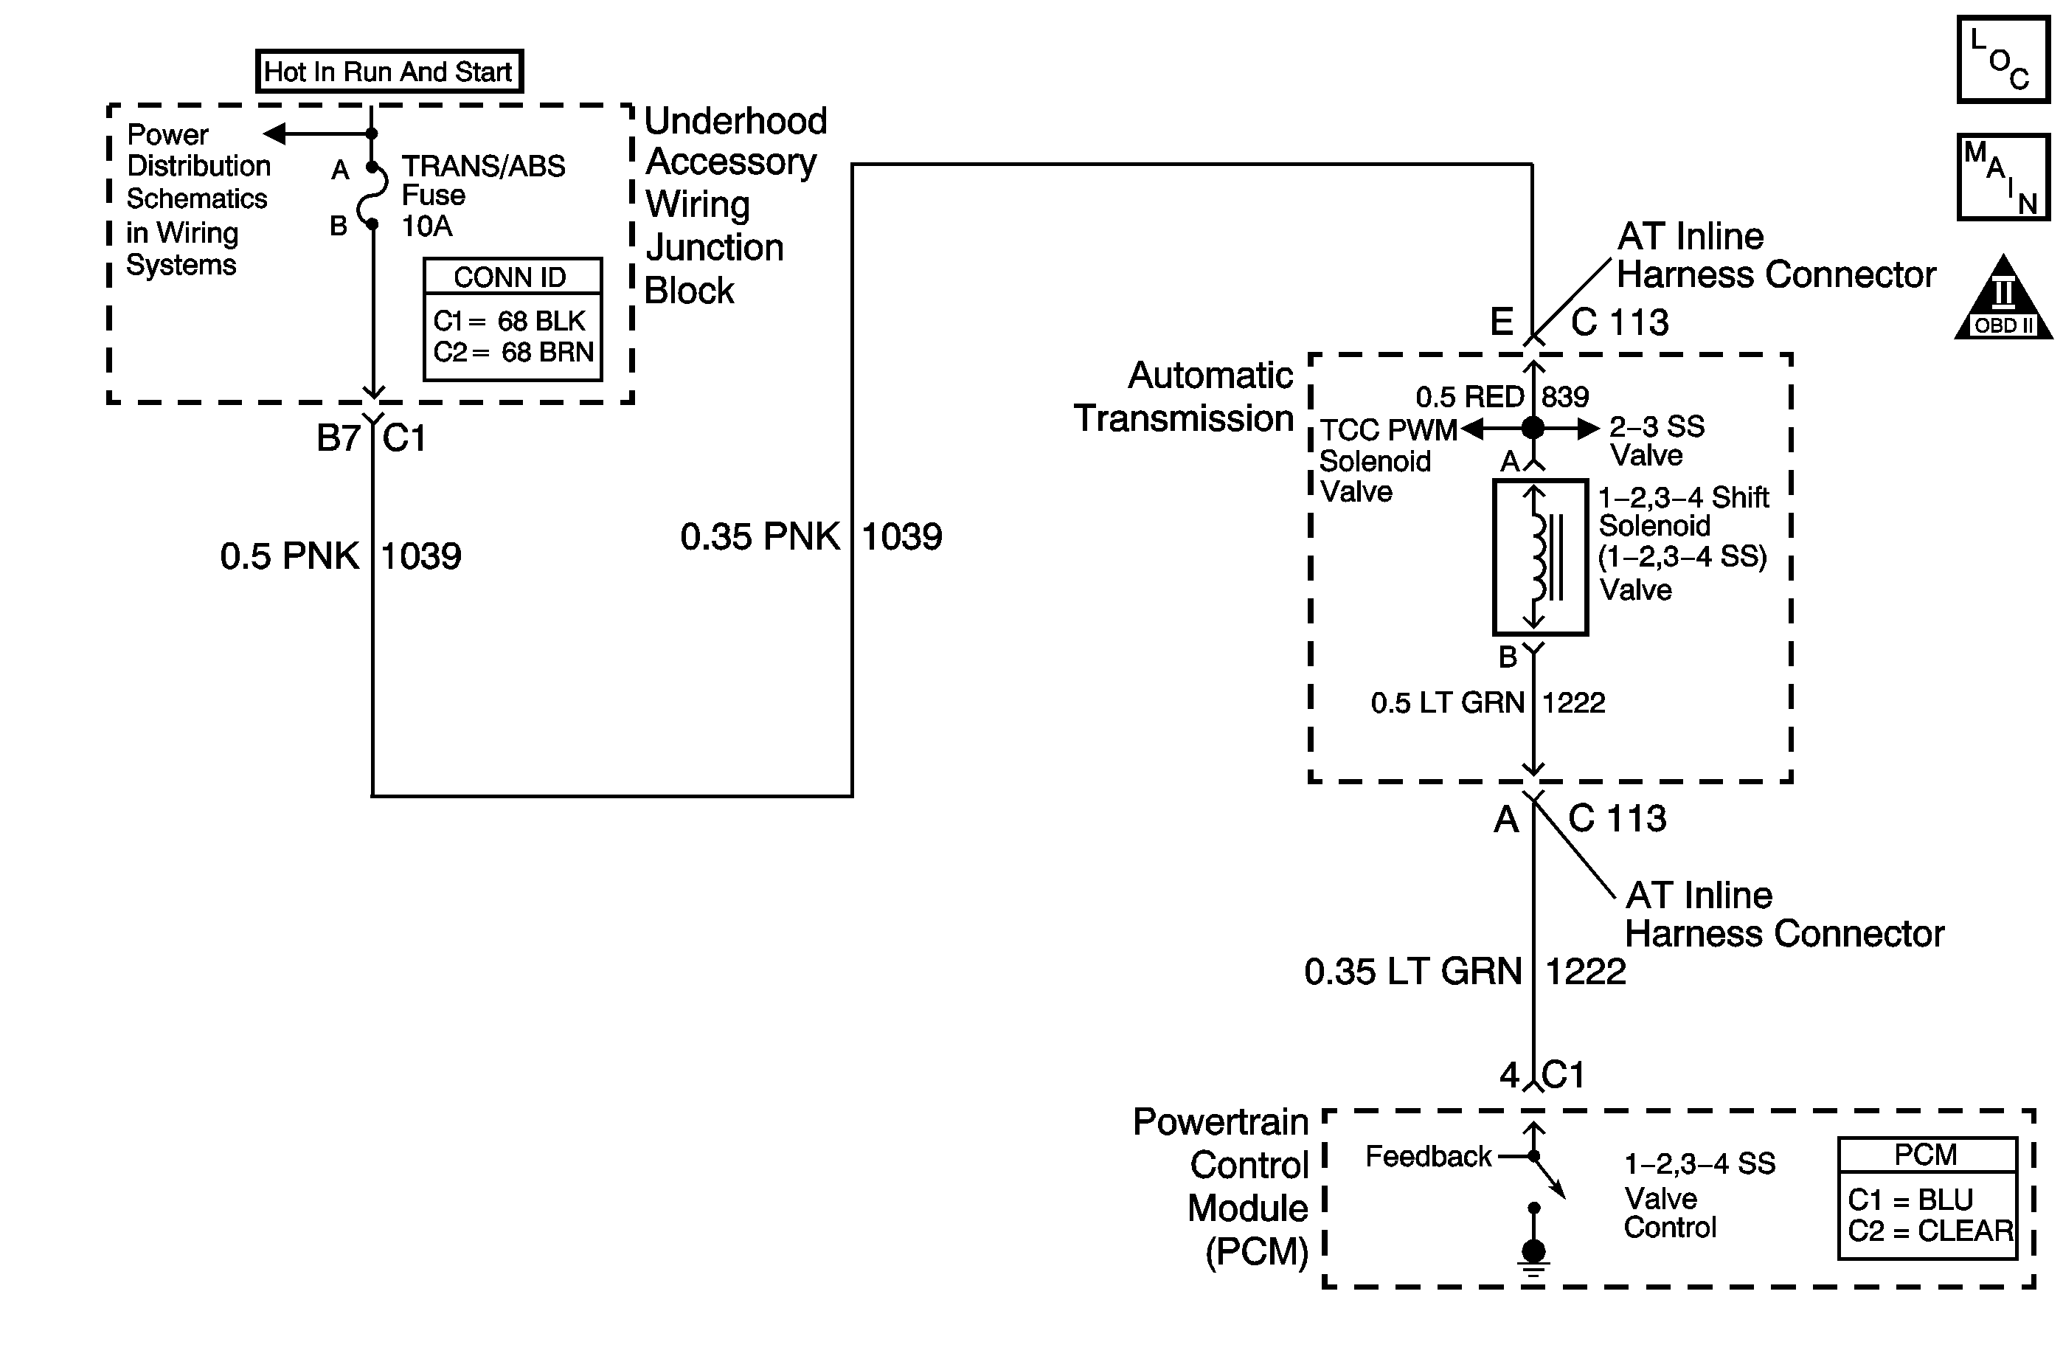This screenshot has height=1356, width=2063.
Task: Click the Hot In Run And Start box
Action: [x=389, y=71]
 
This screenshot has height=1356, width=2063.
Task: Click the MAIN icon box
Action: [x=2003, y=177]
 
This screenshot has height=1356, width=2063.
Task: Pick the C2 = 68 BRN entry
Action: [x=513, y=352]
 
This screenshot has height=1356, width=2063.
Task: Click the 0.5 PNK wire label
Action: [x=290, y=556]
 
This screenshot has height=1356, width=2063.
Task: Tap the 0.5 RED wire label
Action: [x=1469, y=397]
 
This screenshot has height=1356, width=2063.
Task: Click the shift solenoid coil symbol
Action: [x=1539, y=556]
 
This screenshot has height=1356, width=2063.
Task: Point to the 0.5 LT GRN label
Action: [x=1446, y=702]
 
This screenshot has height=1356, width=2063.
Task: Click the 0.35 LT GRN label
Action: [x=1413, y=972]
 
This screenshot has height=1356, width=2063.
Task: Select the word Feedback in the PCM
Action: [x=1428, y=1157]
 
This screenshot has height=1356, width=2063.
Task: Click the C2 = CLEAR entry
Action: [x=1930, y=1231]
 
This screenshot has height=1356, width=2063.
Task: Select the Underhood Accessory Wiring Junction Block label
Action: [x=735, y=206]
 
